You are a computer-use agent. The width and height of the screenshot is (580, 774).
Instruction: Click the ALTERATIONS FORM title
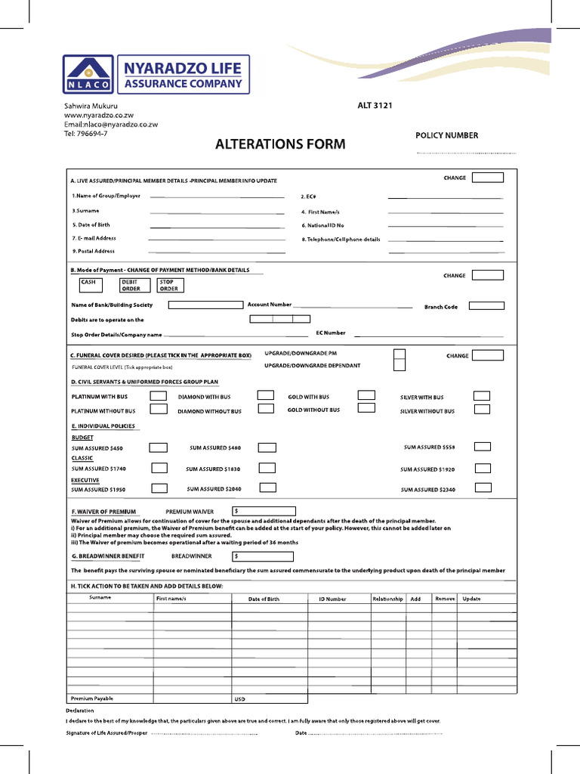[280, 144]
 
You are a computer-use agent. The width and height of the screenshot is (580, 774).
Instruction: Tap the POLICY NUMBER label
[446, 135]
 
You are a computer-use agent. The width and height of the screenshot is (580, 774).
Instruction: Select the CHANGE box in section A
[487, 178]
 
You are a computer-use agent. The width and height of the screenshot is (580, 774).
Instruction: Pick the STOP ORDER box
[170, 285]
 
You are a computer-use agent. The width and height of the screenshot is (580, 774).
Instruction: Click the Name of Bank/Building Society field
[205, 305]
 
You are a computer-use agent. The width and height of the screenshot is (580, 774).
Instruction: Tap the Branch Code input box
[486, 306]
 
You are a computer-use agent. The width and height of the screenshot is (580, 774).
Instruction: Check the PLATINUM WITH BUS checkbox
[159, 396]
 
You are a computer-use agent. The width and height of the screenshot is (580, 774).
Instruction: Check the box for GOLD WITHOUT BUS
[366, 409]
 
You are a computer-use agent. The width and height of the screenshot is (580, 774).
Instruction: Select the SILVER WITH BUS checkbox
[481, 396]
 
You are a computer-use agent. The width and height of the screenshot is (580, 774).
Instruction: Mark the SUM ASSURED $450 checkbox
[159, 447]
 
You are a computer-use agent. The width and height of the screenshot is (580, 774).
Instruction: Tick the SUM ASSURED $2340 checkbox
[483, 488]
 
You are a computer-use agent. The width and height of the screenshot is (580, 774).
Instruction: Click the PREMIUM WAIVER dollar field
[264, 512]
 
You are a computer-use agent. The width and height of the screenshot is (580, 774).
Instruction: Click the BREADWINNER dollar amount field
[264, 556]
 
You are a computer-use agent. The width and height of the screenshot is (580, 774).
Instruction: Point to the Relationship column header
[387, 599]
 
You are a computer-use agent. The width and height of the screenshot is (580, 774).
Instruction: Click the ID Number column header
[332, 599]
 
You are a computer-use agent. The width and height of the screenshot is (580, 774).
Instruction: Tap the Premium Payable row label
[92, 698]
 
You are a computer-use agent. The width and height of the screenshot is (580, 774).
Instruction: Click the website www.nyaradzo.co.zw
[99, 115]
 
